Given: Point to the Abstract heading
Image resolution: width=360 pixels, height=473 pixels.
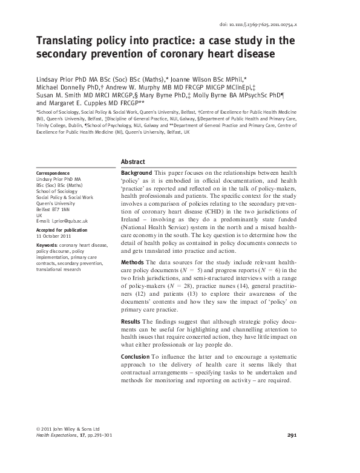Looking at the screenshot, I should pyautogui.click(x=133, y=162).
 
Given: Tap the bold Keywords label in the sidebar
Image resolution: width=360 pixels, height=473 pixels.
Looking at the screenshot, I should pyautogui.click(x=48, y=245).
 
